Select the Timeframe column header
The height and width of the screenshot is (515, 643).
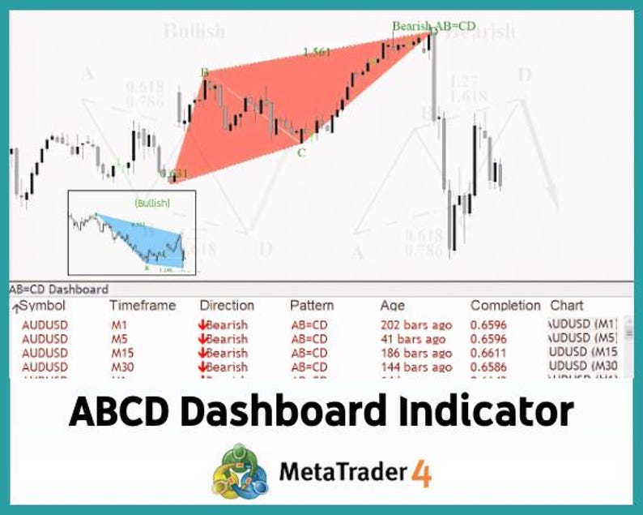pos(143,306)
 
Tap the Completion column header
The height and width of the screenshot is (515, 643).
pos(505,306)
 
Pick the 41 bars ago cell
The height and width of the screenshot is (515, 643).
pos(413,339)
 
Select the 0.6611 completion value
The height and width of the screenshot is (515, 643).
pos(488,353)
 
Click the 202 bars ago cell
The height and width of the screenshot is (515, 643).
pos(416,325)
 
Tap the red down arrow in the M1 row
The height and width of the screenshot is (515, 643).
pos(202,325)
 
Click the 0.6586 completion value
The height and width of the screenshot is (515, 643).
pos(488,367)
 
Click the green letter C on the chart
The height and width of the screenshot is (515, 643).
pos(301,152)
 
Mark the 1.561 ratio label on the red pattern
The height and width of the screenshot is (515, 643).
pos(317,52)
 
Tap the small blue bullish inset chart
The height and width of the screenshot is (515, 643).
pos(131,232)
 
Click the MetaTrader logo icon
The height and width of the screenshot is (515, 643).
pos(241,470)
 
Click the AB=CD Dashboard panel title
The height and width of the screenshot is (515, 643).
pos(58,290)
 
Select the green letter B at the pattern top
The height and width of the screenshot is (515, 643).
pos(205,73)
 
